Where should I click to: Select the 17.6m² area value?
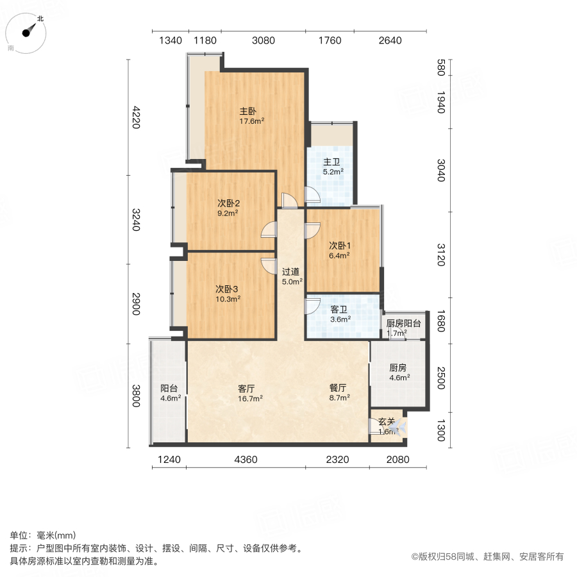click(252, 121)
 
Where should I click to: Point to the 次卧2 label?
click(228, 203)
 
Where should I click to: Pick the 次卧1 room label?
click(339, 245)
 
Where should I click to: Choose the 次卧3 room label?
click(228, 288)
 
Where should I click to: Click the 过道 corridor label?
click(291, 271)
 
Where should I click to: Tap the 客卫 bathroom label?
click(340, 309)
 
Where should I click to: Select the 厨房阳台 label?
click(404, 324)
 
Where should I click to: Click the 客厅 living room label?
click(247, 388)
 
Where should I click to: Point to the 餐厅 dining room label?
click(339, 388)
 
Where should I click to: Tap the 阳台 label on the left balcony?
click(169, 388)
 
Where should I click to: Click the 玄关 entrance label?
click(387, 422)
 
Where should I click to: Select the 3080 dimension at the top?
click(263, 41)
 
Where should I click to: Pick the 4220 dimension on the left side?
click(135, 117)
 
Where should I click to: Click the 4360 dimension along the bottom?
click(246, 460)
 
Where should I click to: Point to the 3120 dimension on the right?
click(440, 255)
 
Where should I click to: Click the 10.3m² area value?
click(228, 299)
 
